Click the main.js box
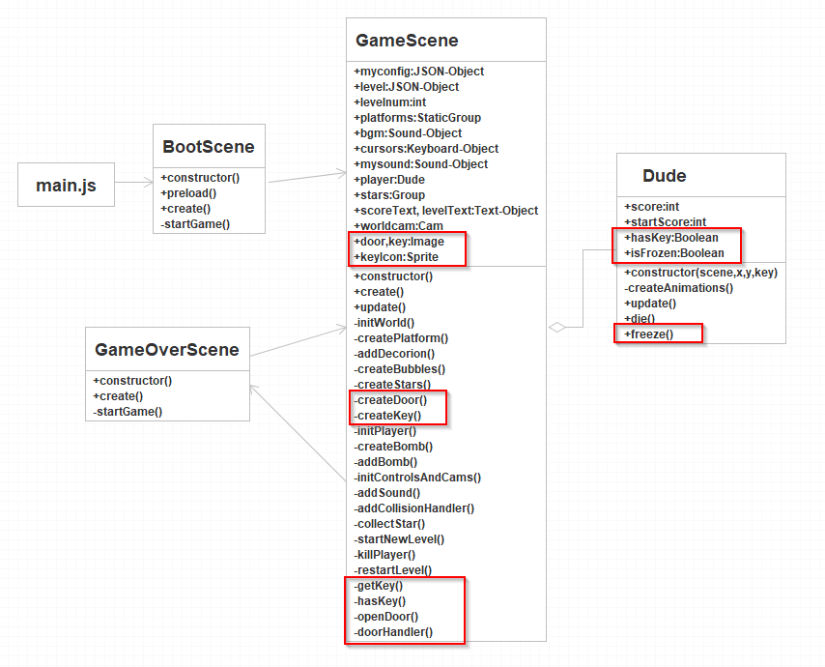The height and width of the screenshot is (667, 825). click(66, 185)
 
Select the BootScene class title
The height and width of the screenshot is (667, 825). click(209, 147)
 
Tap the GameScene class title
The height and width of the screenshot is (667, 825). click(407, 41)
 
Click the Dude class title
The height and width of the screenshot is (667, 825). click(665, 176)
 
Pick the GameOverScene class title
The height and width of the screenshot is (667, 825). click(167, 349)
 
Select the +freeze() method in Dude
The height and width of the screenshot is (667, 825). click(649, 334)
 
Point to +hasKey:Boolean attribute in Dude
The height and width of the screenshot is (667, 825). click(671, 238)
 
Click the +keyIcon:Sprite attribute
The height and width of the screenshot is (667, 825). click(396, 257)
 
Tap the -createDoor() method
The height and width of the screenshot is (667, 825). click(390, 400)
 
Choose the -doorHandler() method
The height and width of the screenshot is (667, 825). click(393, 632)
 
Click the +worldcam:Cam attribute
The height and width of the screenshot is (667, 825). click(399, 226)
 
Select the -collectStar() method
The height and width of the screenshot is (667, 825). click(390, 524)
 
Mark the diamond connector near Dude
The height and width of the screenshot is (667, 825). click(556, 328)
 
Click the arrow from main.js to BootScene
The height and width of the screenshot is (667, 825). click(133, 178)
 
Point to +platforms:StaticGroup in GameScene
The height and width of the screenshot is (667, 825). click(417, 118)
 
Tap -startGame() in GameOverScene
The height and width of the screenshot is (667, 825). click(128, 412)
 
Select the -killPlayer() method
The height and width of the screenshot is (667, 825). click(385, 555)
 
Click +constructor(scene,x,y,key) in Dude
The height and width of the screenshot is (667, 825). click(700, 273)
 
